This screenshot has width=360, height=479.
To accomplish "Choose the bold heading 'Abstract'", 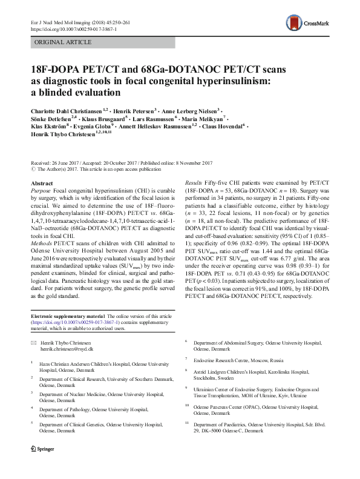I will pyautogui.click(x=41, y=183).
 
